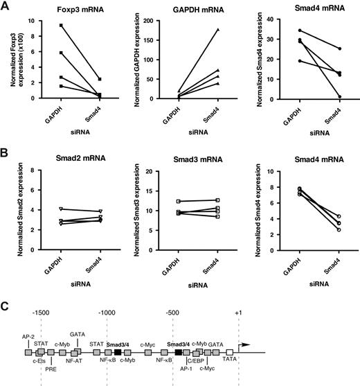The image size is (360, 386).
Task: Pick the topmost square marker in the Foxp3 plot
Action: [62, 25]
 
